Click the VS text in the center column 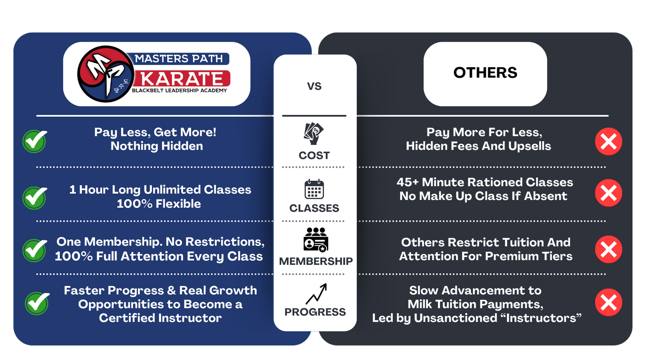314,86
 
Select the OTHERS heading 485,73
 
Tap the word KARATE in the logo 182,79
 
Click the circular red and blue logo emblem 104,74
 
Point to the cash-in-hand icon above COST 313,133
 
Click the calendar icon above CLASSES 314,189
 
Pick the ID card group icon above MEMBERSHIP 316,240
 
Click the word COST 314,155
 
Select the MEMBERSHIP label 316,261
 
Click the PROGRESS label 315,312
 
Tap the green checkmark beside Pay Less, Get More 35,141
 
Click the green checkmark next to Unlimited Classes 35,198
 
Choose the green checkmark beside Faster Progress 37,303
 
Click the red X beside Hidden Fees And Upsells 608,142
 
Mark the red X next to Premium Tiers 608,249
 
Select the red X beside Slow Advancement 608,302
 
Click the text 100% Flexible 159,204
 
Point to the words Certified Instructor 160,318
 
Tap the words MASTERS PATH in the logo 179,58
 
